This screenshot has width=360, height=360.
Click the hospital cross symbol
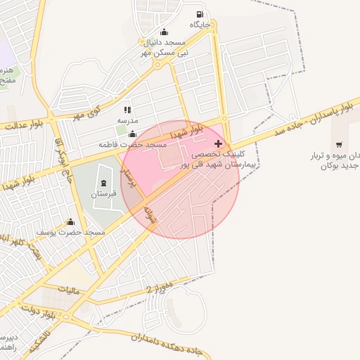coord(218,143)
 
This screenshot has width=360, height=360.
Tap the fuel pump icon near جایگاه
coord(201,15)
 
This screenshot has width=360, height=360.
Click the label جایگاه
coord(201,25)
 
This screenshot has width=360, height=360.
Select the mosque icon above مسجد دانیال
coord(165,32)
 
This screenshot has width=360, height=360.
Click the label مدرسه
coord(127,120)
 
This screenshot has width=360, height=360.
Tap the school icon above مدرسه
coord(127,110)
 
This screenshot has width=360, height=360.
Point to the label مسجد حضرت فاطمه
coord(133,144)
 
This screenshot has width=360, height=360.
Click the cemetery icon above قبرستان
coord(103,183)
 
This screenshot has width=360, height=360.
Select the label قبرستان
coord(103,193)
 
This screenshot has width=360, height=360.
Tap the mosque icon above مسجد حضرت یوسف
coord(70,222)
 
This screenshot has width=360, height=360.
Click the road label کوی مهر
coord(87,112)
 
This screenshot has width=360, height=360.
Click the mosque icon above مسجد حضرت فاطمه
coord(132,134)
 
